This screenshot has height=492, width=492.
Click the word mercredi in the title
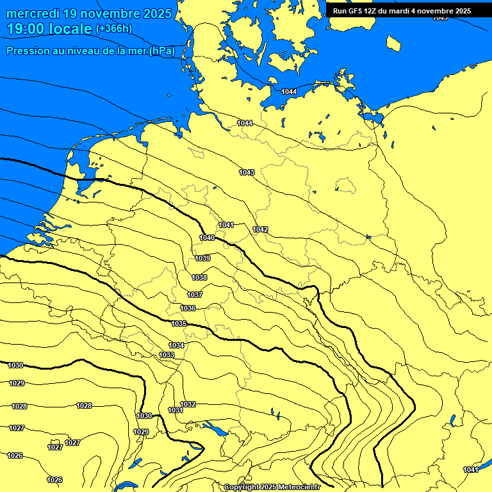click(31, 13)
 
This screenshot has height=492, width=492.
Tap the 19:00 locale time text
click(49, 29)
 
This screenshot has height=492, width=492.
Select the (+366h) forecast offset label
click(114, 28)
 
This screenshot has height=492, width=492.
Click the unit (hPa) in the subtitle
click(162, 51)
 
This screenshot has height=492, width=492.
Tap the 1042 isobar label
click(260, 229)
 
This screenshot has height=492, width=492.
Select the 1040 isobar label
click(207, 238)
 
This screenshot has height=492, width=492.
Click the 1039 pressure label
click(202, 258)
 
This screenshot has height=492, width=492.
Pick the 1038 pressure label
click(199, 277)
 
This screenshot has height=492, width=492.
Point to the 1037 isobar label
click(195, 295)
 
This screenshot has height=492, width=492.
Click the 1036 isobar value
click(188, 308)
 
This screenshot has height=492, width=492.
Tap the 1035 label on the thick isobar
click(179, 324)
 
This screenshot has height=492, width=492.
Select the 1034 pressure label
click(176, 345)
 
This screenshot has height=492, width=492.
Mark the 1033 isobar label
click(167, 355)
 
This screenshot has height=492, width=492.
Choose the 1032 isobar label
click(188, 404)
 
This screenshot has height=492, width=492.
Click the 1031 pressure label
click(175, 410)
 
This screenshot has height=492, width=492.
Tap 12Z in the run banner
click(375, 10)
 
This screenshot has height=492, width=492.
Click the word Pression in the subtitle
click(28, 51)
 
